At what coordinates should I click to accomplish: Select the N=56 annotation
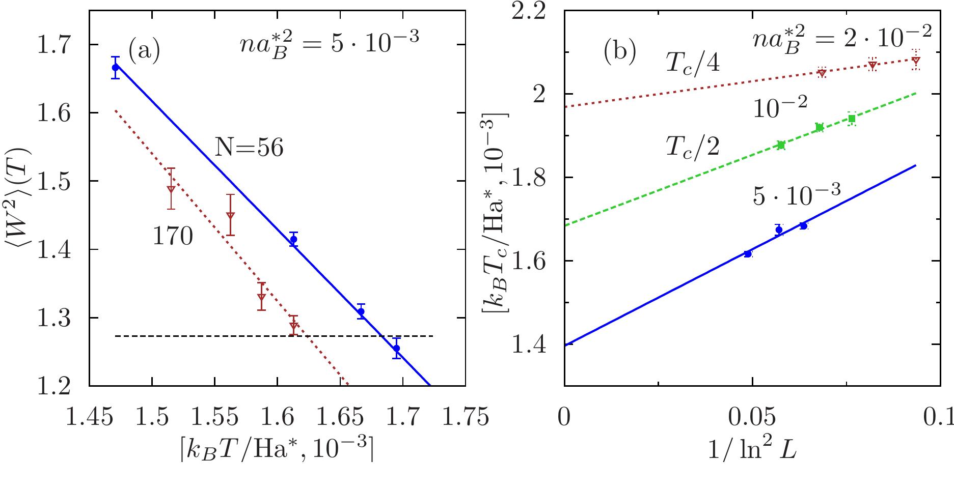(249, 148)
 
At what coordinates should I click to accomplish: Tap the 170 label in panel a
(173, 237)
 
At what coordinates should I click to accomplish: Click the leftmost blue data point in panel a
(116, 67)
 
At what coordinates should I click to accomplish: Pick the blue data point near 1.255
(396, 348)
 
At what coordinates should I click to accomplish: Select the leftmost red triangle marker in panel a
(171, 189)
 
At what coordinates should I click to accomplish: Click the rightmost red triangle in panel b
(916, 61)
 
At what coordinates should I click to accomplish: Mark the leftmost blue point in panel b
(747, 253)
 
